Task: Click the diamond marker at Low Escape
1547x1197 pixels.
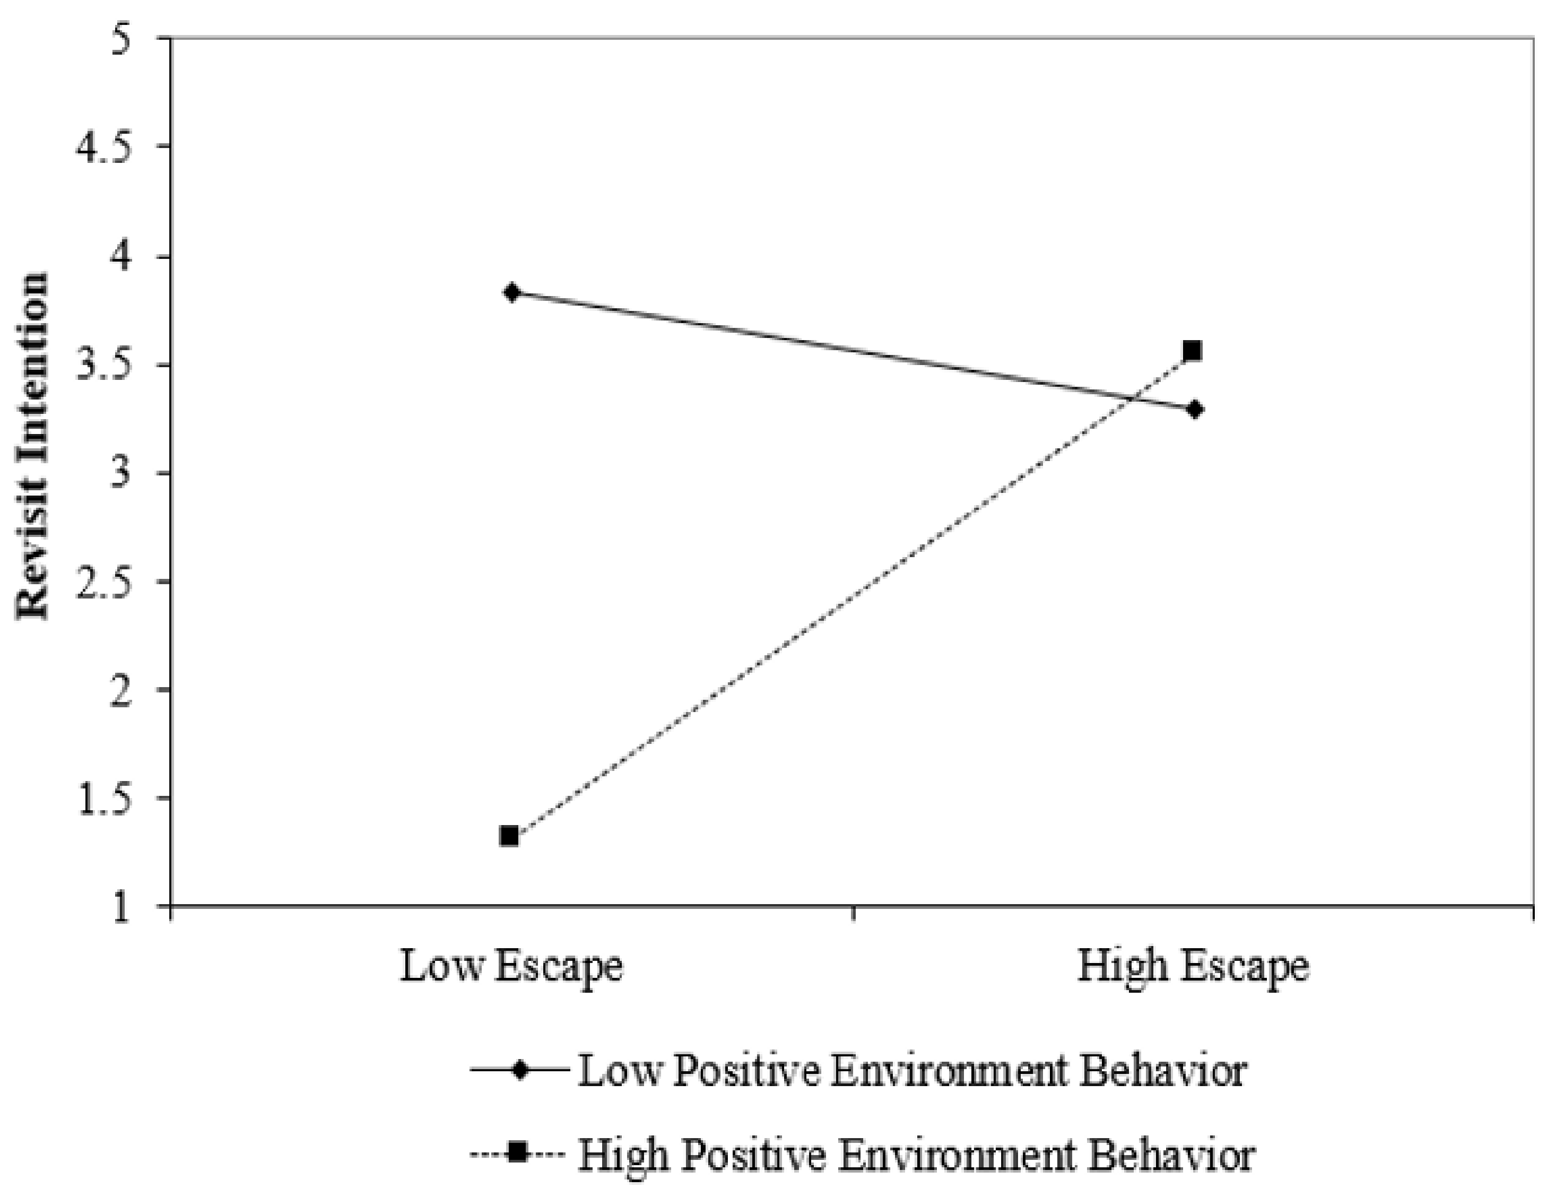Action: click(512, 292)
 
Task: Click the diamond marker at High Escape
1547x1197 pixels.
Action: click(1194, 410)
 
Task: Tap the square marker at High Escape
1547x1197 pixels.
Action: click(1193, 351)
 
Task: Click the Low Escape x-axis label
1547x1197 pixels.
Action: click(511, 966)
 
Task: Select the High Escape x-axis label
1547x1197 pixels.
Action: click(1193, 966)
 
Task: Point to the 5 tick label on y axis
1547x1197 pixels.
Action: click(122, 41)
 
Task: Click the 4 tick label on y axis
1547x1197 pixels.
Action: click(122, 258)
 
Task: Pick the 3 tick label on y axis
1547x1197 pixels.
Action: click(122, 474)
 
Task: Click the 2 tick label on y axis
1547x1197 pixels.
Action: click(122, 691)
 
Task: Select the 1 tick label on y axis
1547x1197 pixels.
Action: click(122, 907)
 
